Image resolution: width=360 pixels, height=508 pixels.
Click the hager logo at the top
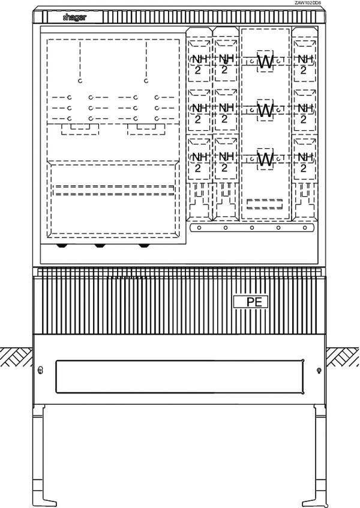[75, 19]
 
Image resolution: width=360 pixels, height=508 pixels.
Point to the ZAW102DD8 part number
[308, 3]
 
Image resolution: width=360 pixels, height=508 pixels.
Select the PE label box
[250, 302]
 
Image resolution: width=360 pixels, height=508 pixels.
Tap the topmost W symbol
[265, 61]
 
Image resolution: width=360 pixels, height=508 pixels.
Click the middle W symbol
[265, 110]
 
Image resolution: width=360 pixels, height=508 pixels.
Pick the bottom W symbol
[265, 159]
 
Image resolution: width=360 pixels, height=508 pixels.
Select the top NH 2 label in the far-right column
[304, 64]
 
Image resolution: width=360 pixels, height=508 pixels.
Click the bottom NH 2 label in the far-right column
[304, 162]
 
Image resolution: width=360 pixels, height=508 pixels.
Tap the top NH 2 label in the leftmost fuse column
[198, 64]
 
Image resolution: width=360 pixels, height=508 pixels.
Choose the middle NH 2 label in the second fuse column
[224, 113]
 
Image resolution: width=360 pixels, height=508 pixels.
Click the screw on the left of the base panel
[40, 370]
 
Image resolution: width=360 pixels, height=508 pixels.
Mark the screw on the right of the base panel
[319, 370]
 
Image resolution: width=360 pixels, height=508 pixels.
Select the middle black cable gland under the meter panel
[100, 245]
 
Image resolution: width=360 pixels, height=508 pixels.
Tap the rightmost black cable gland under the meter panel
[143, 245]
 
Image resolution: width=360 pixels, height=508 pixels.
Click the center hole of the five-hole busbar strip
[252, 228]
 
